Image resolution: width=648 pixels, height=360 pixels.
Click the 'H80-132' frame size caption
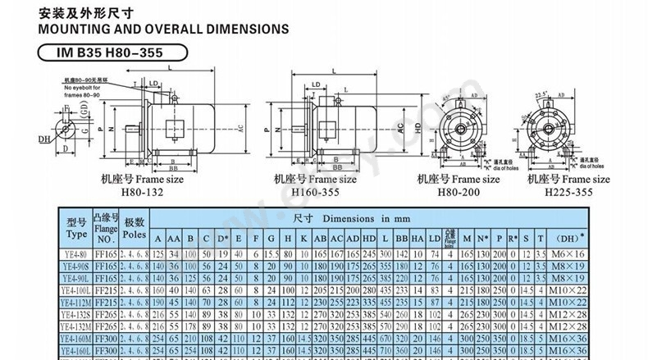click(x=143, y=192)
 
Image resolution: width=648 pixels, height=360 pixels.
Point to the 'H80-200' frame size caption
click(x=457, y=192)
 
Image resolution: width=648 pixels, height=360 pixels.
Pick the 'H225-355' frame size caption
click(x=568, y=192)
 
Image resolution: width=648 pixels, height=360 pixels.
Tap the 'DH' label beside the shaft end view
click(x=43, y=140)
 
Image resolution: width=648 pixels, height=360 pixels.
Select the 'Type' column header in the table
click(x=76, y=227)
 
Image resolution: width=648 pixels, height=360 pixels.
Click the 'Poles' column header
click(x=135, y=227)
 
